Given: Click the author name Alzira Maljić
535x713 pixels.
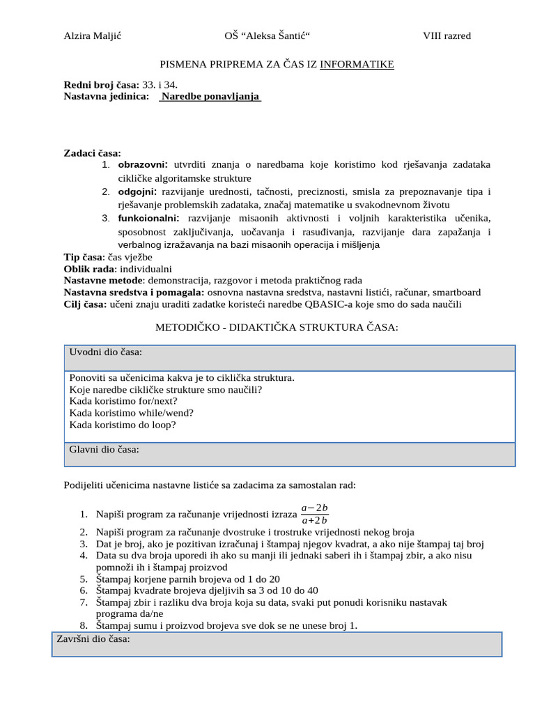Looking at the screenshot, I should pos(93,36).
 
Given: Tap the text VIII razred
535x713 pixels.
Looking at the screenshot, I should pos(447,36).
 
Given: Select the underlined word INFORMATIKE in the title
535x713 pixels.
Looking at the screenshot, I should pos(357,65).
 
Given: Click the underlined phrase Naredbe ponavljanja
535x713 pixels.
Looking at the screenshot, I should pos(210,97).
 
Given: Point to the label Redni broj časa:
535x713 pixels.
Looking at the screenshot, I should pos(101,85).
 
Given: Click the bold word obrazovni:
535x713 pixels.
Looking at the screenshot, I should pos(143,165).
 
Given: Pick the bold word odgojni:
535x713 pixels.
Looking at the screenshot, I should pos(137,191).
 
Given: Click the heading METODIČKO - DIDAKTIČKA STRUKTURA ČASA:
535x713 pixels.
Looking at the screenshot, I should pos(277,327).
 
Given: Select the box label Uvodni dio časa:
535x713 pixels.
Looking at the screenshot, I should pos(106,352).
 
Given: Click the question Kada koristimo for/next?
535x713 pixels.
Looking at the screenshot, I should pos(123,401).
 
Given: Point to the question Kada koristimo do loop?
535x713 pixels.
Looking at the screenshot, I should pos(123,424).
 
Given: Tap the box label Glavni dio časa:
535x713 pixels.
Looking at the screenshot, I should pos(104,450).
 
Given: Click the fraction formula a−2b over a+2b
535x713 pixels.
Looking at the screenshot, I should pos(315,514).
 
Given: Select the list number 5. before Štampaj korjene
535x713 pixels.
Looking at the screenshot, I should pos(83,579).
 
